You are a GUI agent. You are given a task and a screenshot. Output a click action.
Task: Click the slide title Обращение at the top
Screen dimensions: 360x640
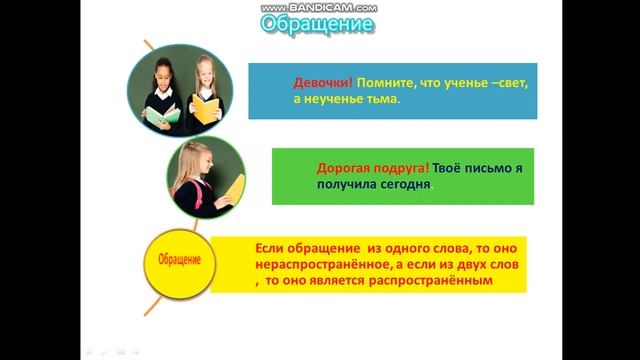pyautogui.click(x=317, y=24)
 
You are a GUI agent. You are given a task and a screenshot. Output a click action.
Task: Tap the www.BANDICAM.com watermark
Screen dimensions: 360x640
pyautogui.click(x=319, y=7)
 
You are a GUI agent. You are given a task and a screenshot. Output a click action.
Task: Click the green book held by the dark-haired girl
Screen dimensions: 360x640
pyautogui.click(x=163, y=115)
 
